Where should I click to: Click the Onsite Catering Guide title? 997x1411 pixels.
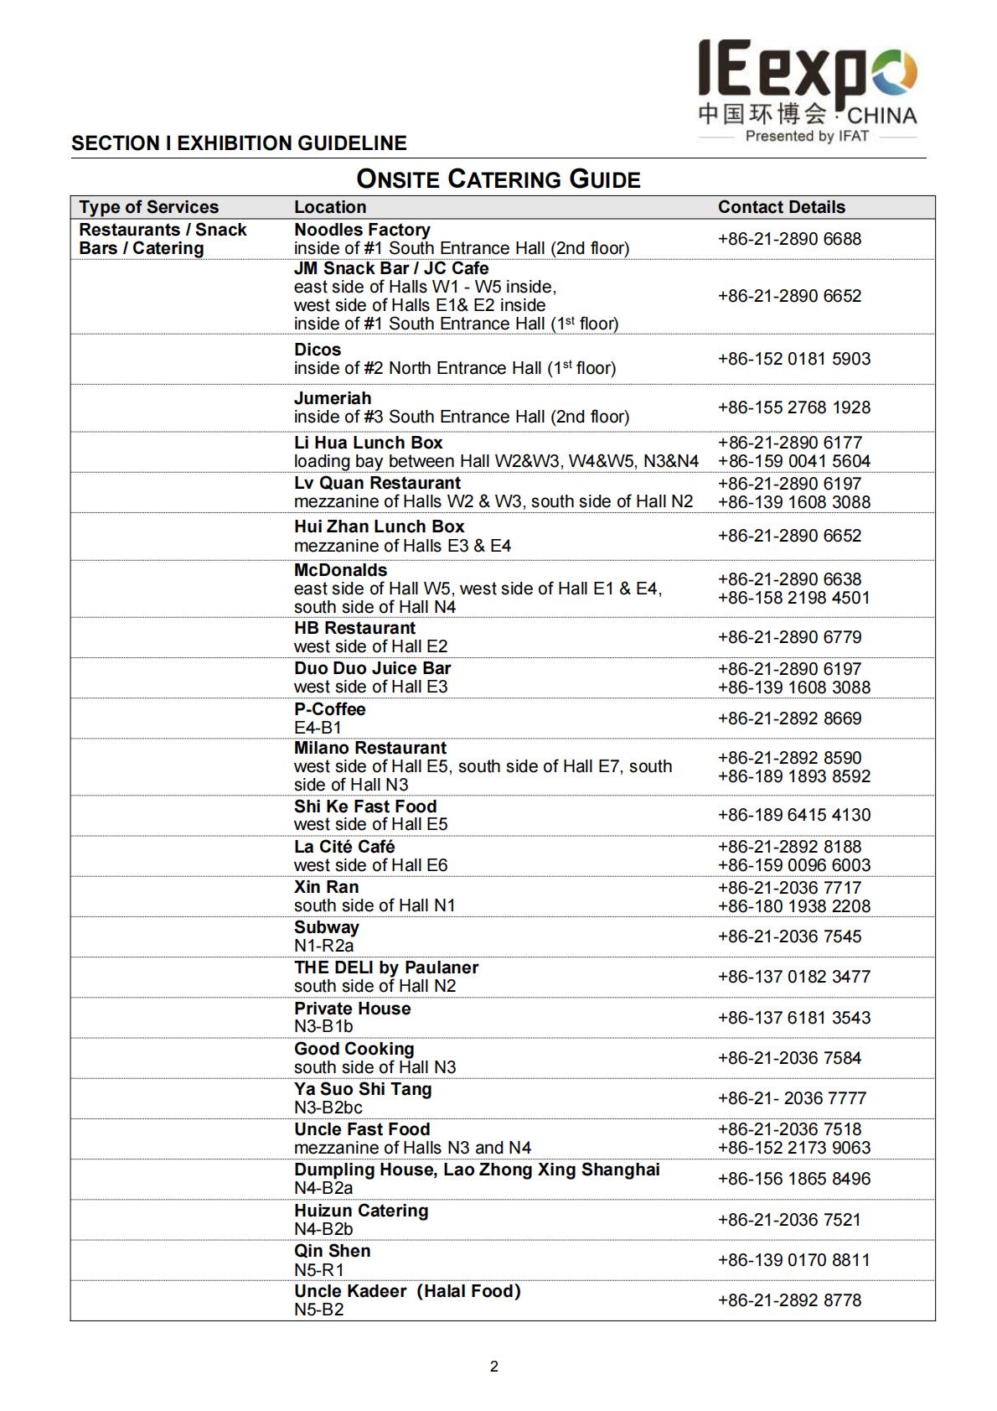tap(498, 179)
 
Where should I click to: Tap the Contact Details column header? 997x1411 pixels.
tap(781, 207)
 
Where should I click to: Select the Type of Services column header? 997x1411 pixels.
tap(148, 207)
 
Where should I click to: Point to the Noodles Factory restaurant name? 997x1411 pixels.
tap(362, 230)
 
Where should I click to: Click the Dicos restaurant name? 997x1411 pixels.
tap(318, 350)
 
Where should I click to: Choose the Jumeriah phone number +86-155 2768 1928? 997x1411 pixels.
tap(793, 407)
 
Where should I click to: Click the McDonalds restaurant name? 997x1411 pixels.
tap(340, 570)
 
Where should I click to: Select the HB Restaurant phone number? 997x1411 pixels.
tap(789, 637)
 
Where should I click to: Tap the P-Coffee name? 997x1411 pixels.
tap(329, 709)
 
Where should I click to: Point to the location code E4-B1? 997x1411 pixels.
tap(318, 728)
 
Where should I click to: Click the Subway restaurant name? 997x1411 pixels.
tap(326, 927)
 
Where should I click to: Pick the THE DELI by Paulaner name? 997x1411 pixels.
tap(385, 967)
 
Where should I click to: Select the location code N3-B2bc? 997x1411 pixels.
tap(328, 1108)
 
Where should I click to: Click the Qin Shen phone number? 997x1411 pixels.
tap(793, 1260)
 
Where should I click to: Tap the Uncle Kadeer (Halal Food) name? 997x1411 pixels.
tap(407, 1291)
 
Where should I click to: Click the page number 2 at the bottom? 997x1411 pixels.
tap(494, 1367)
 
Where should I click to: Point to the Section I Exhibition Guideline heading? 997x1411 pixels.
tap(239, 143)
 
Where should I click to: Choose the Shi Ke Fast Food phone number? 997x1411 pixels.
tap(793, 815)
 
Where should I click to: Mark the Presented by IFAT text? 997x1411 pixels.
tap(806, 136)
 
